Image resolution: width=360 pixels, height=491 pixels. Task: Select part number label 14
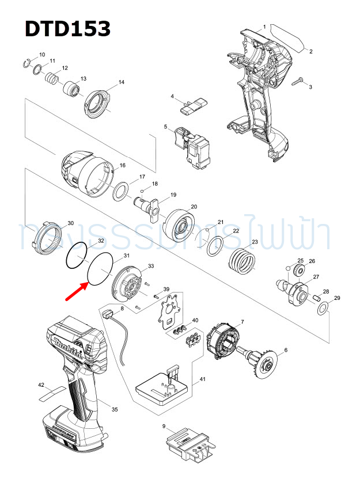coord(121,82)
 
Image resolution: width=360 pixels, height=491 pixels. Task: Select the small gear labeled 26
coord(297,271)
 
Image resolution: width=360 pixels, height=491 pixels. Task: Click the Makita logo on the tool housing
coord(68,348)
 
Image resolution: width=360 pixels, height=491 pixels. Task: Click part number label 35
coord(115,409)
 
